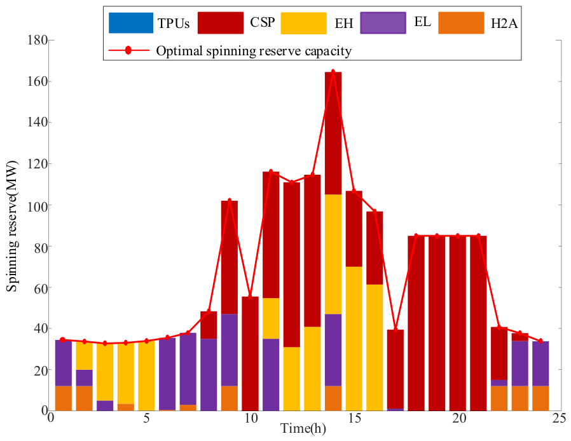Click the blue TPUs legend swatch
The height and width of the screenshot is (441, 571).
[x=131, y=23]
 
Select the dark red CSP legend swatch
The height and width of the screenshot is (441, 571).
[x=220, y=23]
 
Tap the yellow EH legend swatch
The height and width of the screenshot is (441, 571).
[x=303, y=23]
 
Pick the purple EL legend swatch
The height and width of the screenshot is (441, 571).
[x=383, y=23]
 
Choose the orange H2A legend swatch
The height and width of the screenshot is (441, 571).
[x=461, y=23]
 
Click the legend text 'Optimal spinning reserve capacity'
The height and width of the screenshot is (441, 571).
[x=254, y=51]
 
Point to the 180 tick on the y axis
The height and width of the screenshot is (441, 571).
[x=38, y=40]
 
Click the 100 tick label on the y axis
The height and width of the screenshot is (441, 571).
[x=38, y=205]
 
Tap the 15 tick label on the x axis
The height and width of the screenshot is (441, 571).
[x=354, y=418]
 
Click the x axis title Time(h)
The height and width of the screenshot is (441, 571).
[x=303, y=429]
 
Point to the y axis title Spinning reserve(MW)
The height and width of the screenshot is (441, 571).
[x=12, y=226]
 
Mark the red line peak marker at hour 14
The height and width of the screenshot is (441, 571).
[x=333, y=72]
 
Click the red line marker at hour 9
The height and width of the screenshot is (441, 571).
[x=229, y=201]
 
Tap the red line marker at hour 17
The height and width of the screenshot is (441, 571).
[x=396, y=330]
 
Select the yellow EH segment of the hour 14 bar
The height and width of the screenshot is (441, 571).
[x=333, y=254]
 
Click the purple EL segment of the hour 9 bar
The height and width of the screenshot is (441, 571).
[x=230, y=350]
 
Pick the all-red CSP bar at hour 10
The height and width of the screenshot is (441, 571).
[x=250, y=354]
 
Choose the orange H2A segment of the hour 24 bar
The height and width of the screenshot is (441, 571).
[x=540, y=398]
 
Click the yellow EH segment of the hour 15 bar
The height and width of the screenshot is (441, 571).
[x=354, y=339]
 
